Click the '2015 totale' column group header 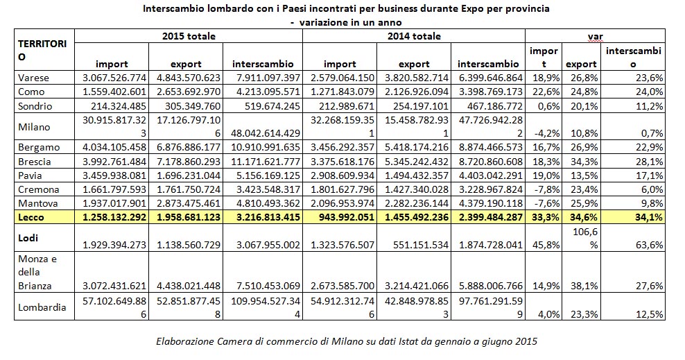pos(189,36)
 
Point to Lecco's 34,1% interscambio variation pos(648,218)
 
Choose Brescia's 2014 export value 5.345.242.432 pos(415,160)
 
